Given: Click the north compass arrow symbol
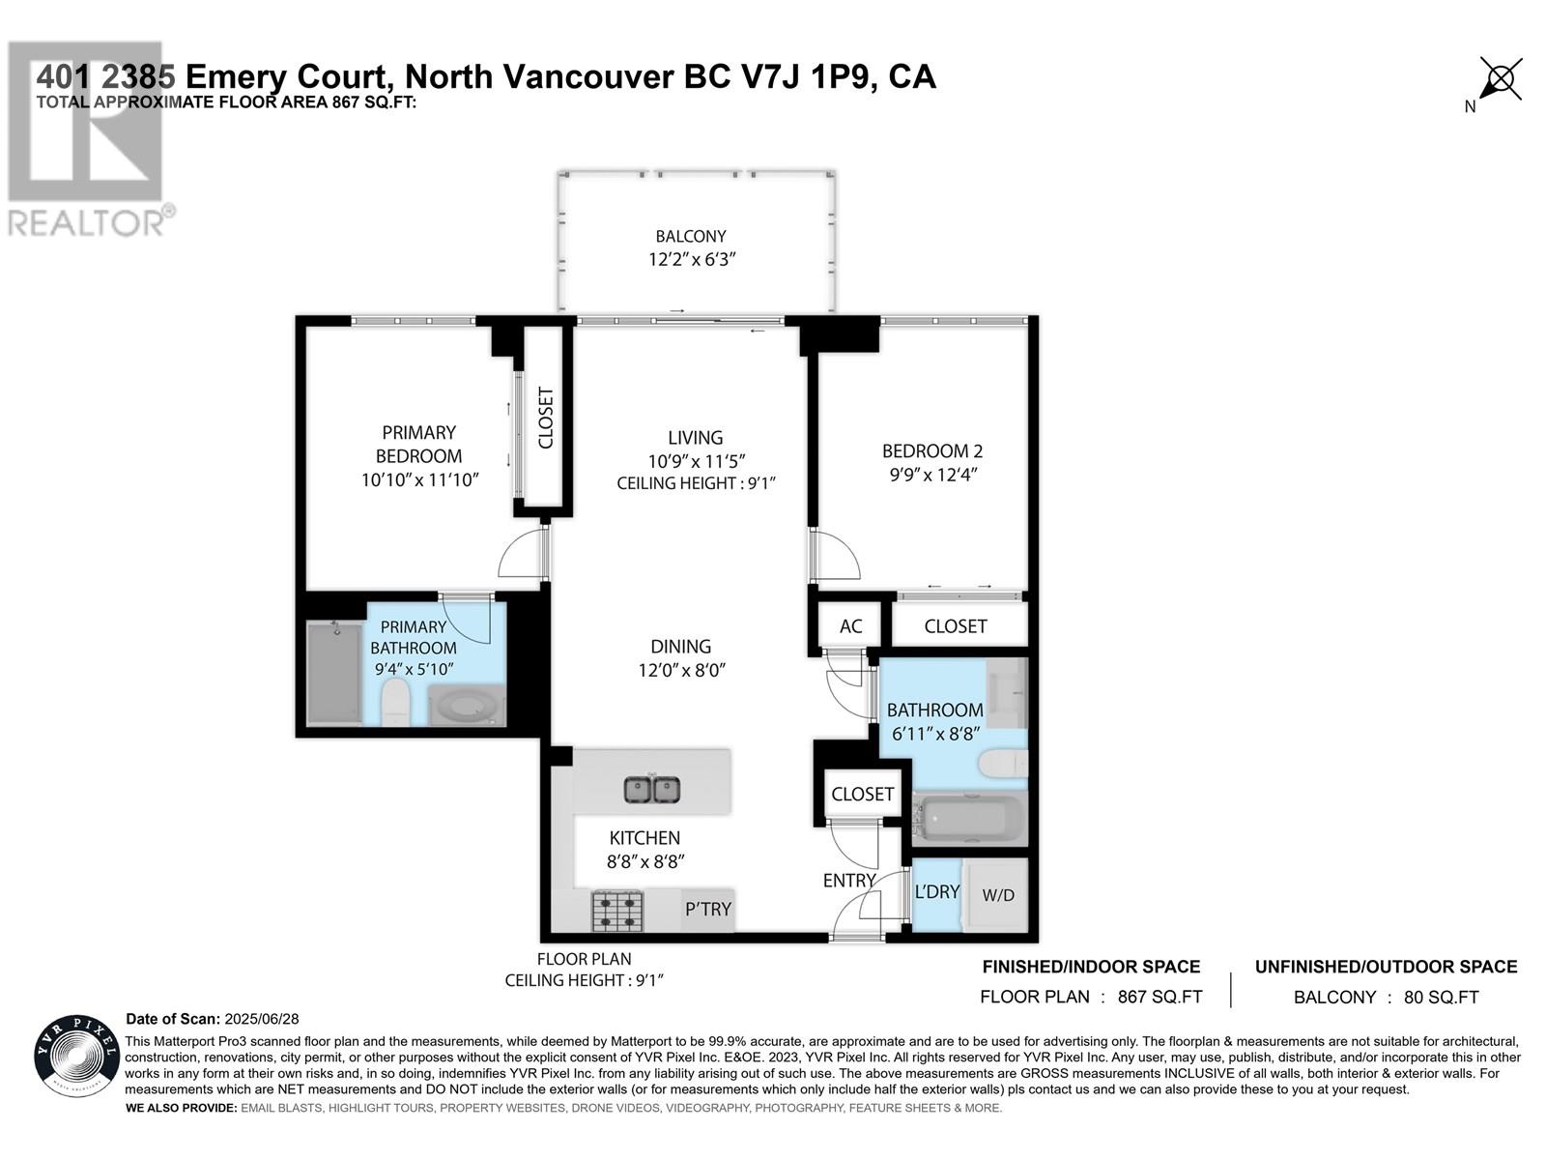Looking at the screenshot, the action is click(1500, 79).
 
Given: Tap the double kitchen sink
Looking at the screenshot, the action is click(651, 790).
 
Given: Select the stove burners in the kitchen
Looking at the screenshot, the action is click(617, 911).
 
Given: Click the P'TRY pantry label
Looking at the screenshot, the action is click(708, 910).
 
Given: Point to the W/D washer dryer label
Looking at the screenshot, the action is click(998, 895).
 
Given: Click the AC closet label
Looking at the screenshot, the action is click(850, 626).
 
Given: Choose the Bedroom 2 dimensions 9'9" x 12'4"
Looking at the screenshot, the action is click(933, 475).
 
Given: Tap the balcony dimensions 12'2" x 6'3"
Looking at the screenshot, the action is click(692, 259).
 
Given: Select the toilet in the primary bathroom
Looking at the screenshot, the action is click(395, 702).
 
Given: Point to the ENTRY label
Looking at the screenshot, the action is click(848, 881).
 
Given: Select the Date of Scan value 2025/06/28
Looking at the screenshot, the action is click(262, 1019).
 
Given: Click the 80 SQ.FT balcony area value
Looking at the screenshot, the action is click(1441, 998).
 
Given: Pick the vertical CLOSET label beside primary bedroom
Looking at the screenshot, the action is click(546, 418).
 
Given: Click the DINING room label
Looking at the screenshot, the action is click(680, 647).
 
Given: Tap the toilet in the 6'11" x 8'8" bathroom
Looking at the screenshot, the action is click(1002, 763).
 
